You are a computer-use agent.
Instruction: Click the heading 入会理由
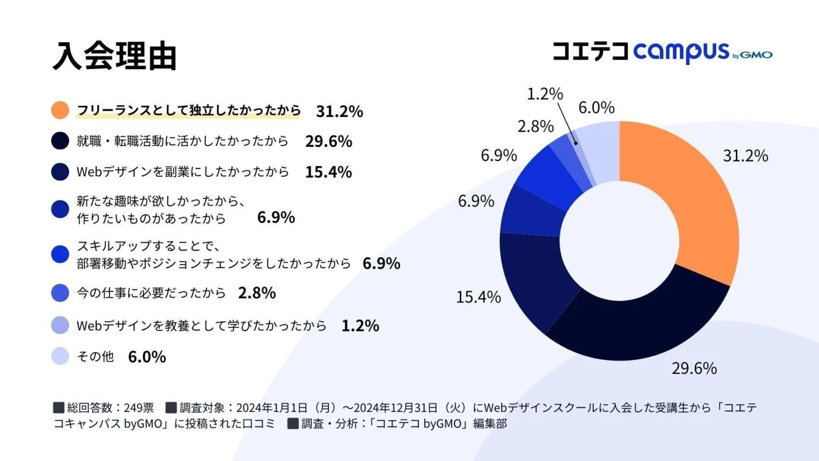(x=114, y=56)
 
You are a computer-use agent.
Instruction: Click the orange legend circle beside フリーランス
(x=60, y=111)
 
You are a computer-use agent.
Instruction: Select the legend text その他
(x=95, y=356)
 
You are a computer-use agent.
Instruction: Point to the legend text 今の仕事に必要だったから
(x=151, y=293)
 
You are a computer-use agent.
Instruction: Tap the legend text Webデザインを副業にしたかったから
(x=183, y=172)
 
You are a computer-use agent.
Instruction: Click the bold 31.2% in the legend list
(x=339, y=111)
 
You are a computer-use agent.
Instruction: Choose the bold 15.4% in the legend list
(x=328, y=172)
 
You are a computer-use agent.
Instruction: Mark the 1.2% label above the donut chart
(x=545, y=94)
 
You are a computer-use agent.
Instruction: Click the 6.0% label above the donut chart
(x=596, y=108)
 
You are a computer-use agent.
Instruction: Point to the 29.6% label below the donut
(x=694, y=369)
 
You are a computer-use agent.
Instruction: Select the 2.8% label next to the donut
(x=535, y=126)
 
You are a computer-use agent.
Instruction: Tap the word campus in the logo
(x=681, y=53)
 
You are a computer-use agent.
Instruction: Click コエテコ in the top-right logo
(x=590, y=51)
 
